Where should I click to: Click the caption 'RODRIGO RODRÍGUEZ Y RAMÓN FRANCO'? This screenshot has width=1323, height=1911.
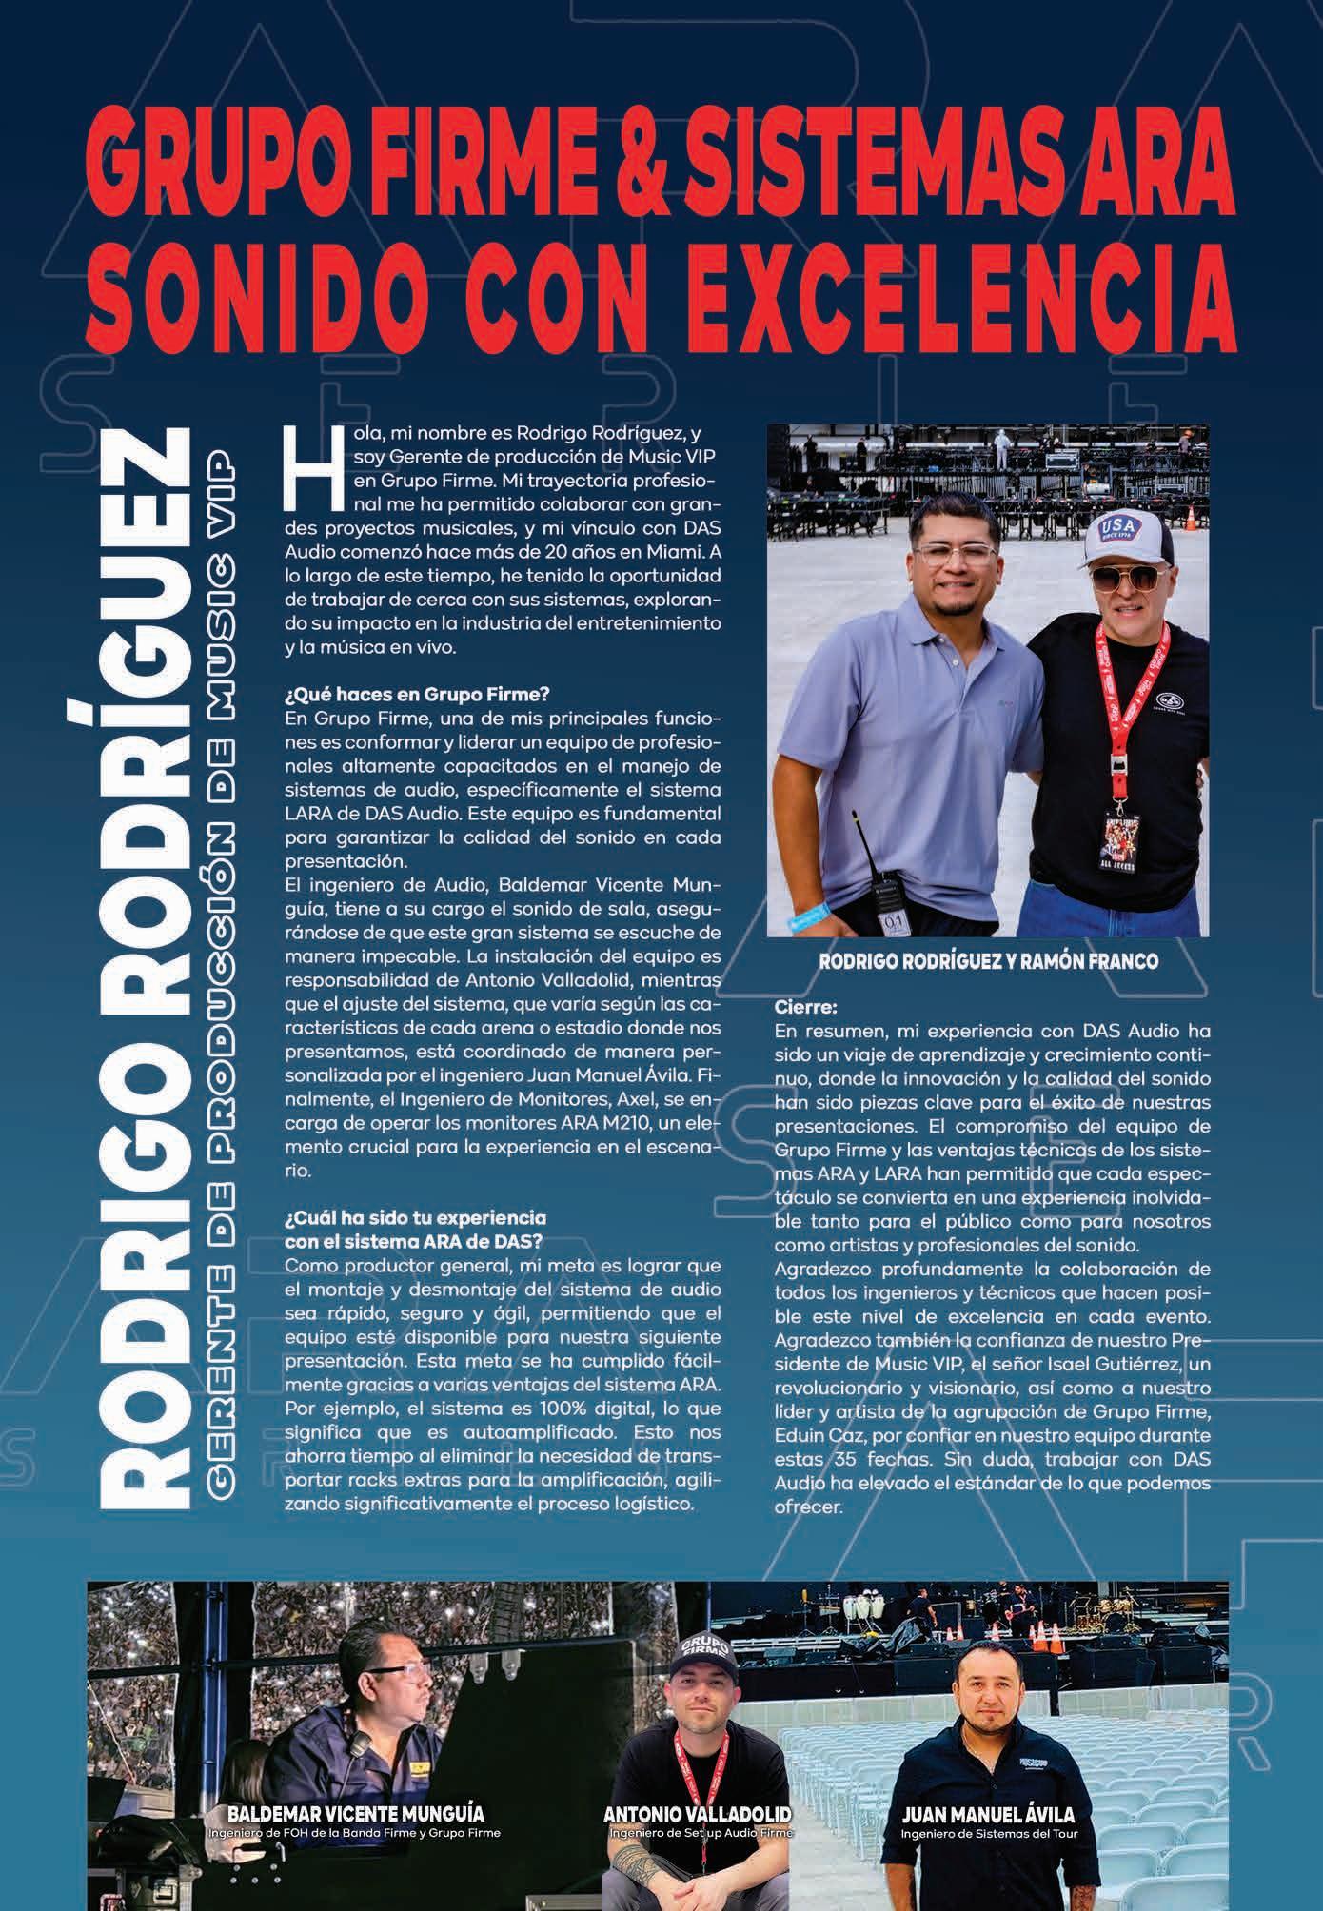coord(989,962)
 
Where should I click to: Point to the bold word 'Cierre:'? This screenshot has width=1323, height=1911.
coord(806,1006)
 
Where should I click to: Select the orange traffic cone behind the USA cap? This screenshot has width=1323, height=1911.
coord(1191,518)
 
